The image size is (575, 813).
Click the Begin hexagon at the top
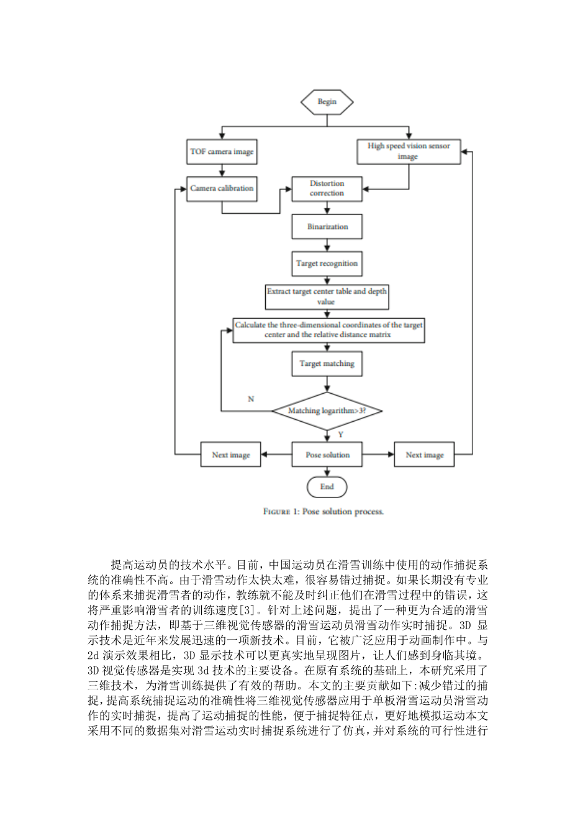click(x=327, y=102)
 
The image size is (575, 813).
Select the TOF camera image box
click(x=222, y=152)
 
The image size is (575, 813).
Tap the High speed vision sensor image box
click(x=408, y=152)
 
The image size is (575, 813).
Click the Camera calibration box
click(x=222, y=188)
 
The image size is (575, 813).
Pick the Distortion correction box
click(x=327, y=188)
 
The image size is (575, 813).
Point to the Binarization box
click(x=327, y=227)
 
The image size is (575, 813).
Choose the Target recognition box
click(x=327, y=263)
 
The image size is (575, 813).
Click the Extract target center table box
click(x=327, y=296)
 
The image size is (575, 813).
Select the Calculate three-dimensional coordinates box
click(x=328, y=330)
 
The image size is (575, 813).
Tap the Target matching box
click(x=327, y=363)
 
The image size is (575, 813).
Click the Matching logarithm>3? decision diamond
click(x=327, y=411)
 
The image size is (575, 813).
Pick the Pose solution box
click(x=327, y=455)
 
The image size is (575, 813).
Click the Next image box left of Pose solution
click(x=230, y=455)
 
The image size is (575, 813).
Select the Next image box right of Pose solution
click(x=424, y=455)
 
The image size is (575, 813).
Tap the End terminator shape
click(x=327, y=487)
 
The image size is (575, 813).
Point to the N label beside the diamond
click(x=251, y=399)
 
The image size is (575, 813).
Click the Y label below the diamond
click(x=340, y=435)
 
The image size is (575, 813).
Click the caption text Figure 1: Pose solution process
click(x=324, y=512)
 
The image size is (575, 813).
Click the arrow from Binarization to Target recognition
click(x=327, y=245)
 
